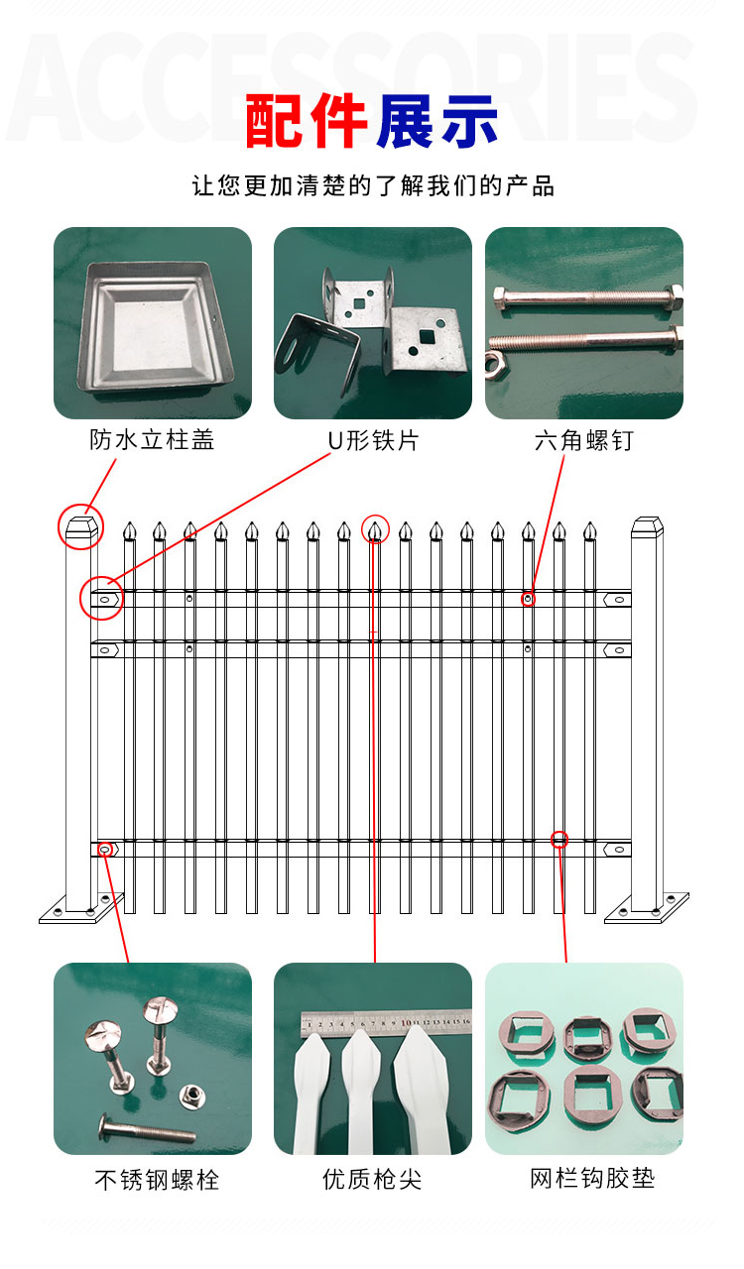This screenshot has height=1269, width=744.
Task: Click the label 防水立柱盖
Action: click(152, 440)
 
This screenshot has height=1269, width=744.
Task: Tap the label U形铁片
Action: click(373, 440)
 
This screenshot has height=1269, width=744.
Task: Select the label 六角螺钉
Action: click(583, 440)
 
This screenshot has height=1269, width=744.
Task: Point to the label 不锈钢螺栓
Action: click(157, 1180)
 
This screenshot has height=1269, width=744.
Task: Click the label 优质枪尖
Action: click(372, 1180)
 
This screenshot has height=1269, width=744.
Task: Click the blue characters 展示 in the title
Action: click(436, 122)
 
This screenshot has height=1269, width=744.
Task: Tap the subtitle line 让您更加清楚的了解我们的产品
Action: click(373, 185)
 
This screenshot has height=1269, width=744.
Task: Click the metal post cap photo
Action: click(151, 322)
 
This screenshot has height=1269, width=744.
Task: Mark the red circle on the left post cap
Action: click(80, 526)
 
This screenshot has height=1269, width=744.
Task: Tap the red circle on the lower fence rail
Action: click(559, 840)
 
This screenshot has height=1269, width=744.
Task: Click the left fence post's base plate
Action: click(81, 909)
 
